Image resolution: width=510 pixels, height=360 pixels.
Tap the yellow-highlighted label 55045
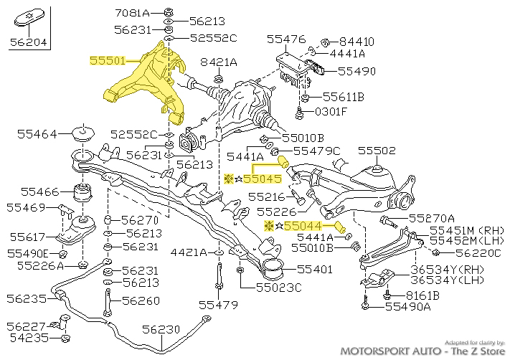(262, 179)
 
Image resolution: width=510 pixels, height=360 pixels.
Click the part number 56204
(27, 43)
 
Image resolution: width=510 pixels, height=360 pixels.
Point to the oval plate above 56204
(27, 17)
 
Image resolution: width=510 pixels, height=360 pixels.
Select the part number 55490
(356, 72)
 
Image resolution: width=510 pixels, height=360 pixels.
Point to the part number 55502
(377, 151)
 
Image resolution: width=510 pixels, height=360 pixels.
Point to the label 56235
(27, 298)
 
